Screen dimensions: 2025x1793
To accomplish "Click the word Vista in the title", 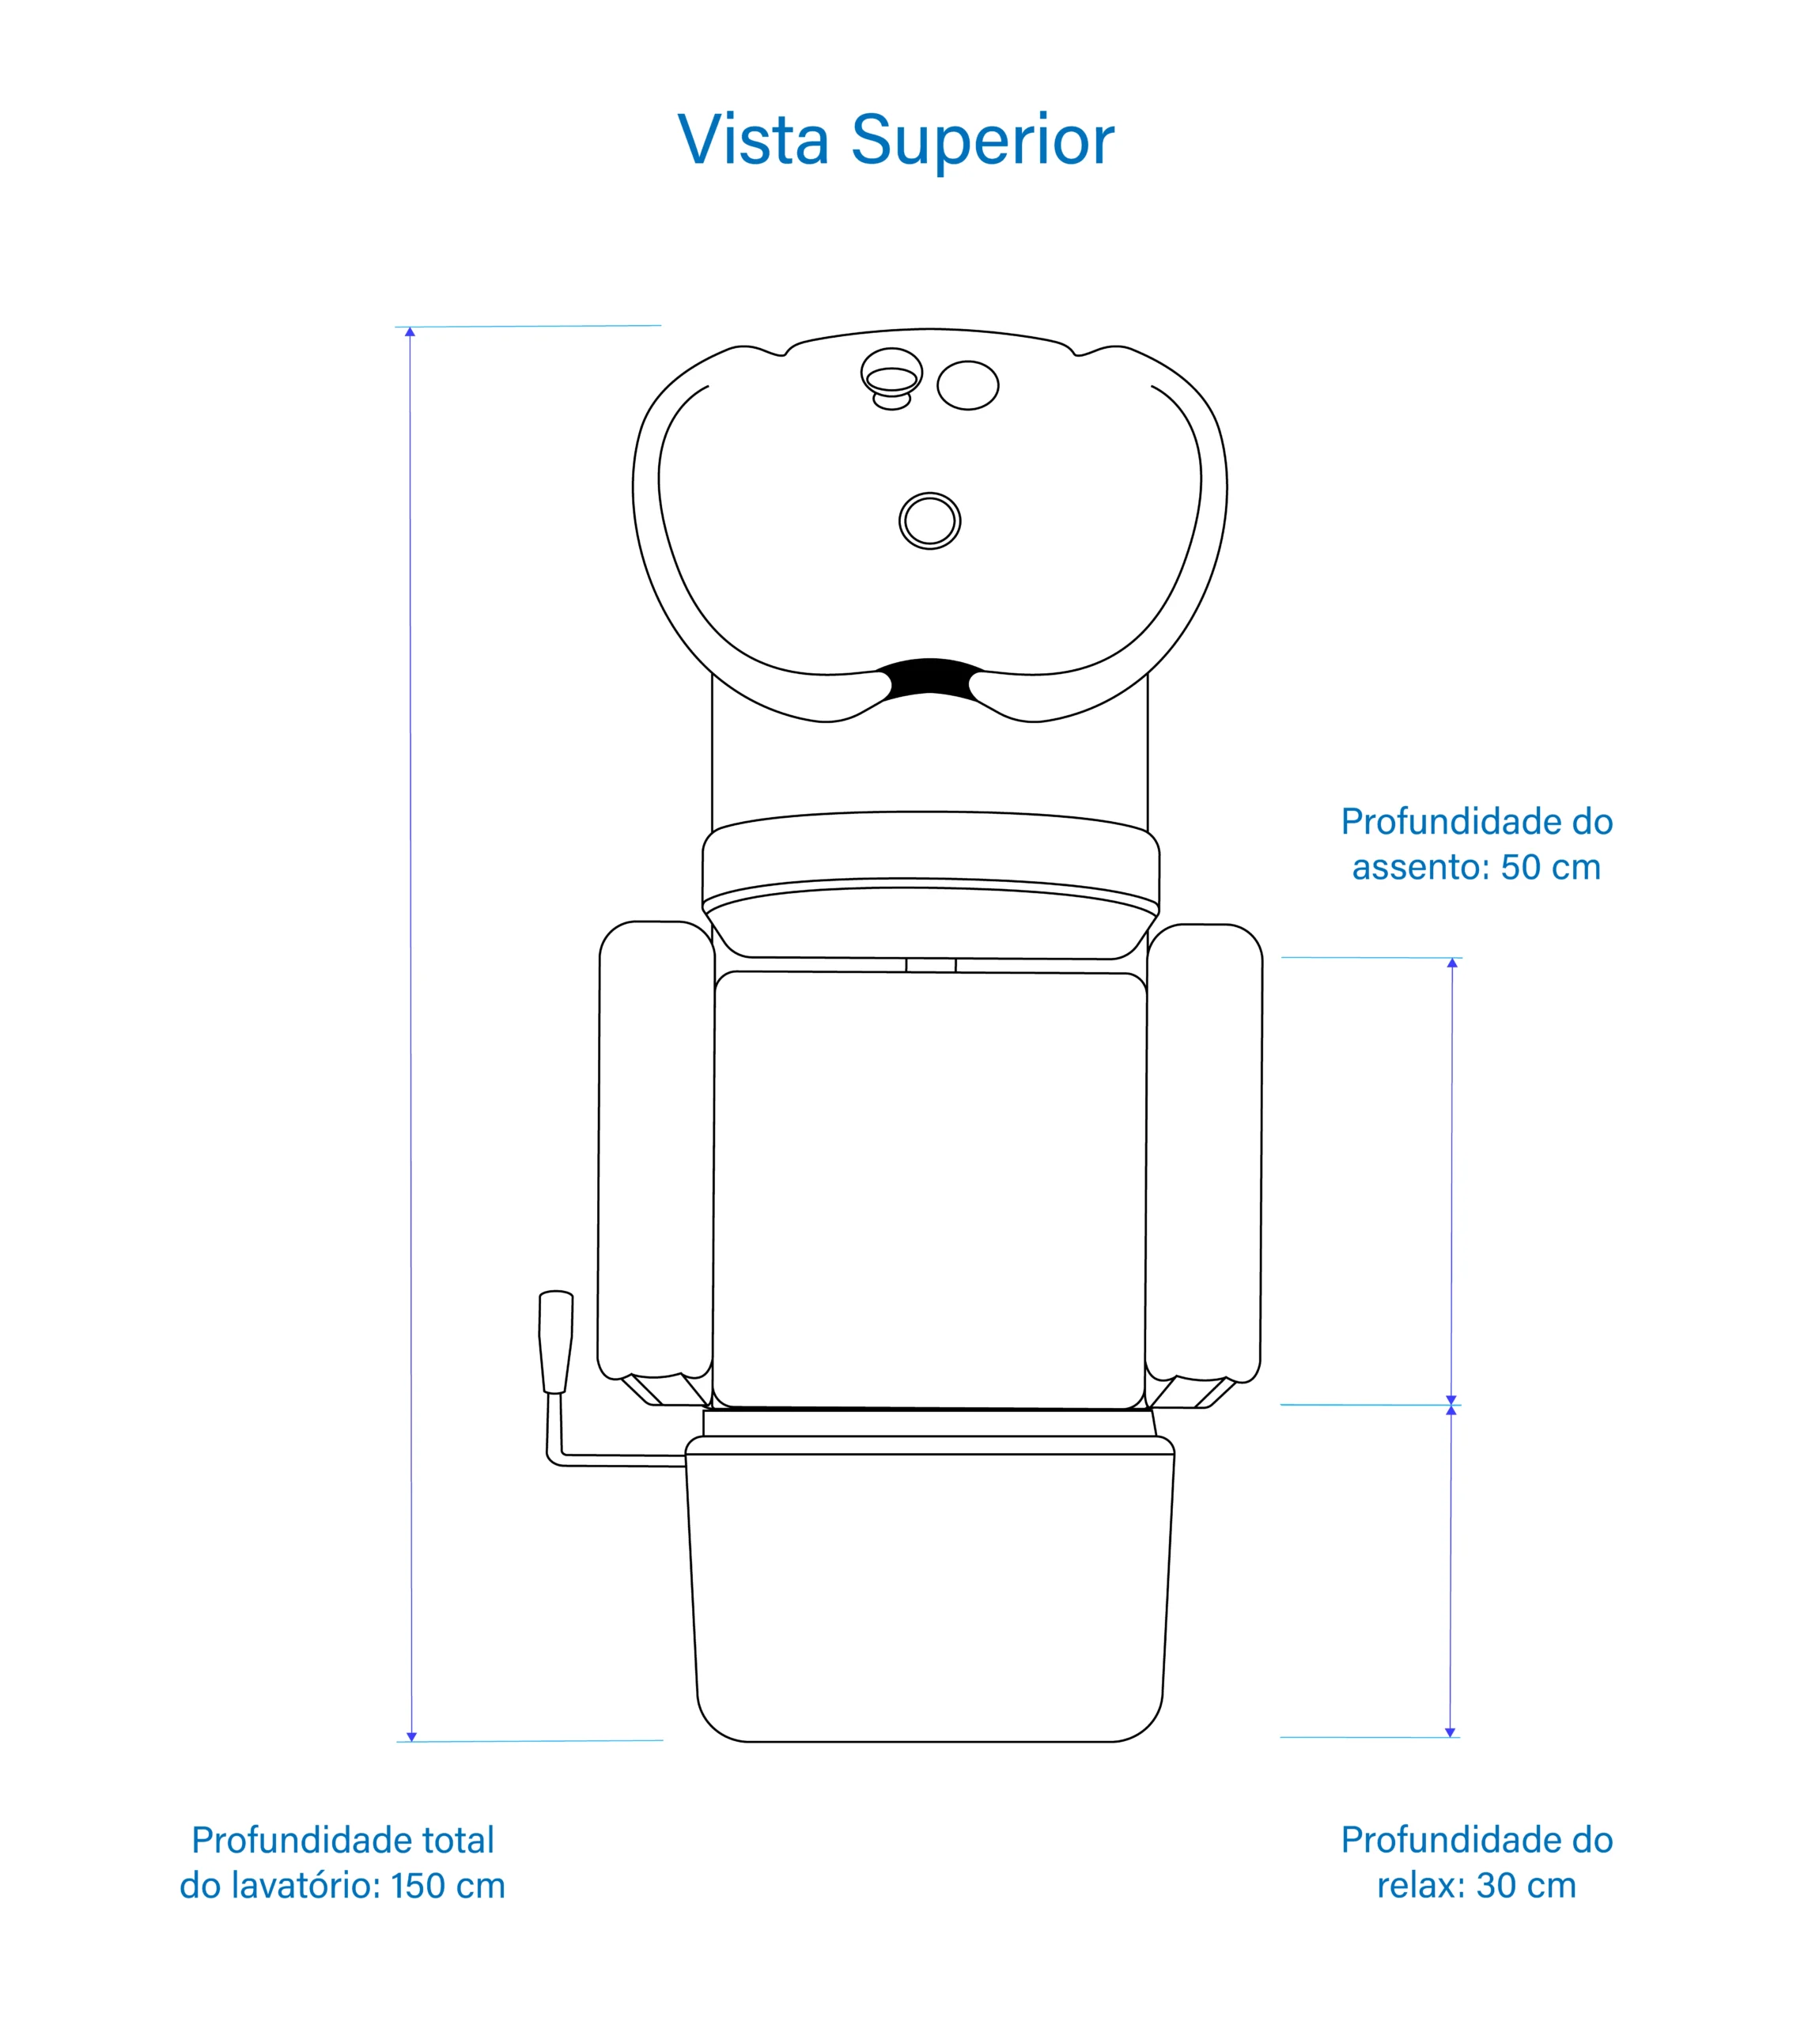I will pyautogui.click(x=753, y=141).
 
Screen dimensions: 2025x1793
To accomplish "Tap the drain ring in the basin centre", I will pyautogui.click(x=929, y=520).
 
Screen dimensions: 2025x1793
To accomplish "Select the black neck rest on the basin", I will pyautogui.click(x=929, y=678).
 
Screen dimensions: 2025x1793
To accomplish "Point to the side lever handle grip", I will pyautogui.click(x=556, y=1342).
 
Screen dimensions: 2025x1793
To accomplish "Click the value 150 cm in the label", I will pyautogui.click(x=448, y=1885).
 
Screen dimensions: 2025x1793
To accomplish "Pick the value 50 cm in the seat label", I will pyautogui.click(x=1550, y=867).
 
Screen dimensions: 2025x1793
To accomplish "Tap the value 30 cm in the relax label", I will pyautogui.click(x=1526, y=1885).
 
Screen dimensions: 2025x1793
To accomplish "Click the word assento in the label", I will pyautogui.click(x=1419, y=867).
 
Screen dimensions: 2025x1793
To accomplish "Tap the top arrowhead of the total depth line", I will pyautogui.click(x=410, y=332).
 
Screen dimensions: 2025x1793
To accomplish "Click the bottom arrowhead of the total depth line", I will pyautogui.click(x=412, y=1738).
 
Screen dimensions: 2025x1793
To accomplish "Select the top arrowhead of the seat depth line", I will pyautogui.click(x=1452, y=963).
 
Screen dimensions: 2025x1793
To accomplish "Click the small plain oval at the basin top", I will pyautogui.click(x=968, y=385).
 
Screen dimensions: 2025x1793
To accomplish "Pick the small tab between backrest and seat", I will pyautogui.click(x=930, y=965).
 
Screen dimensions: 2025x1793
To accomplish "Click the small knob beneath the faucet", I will pyautogui.click(x=891, y=401).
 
